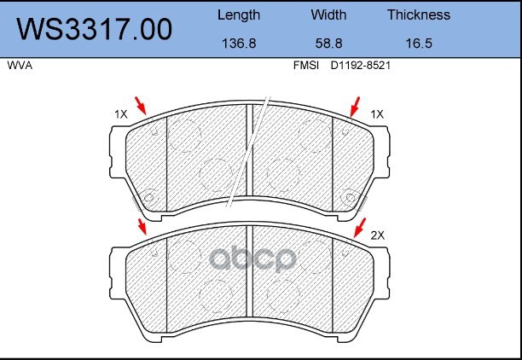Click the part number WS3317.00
pos(95,30)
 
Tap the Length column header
pos(239,15)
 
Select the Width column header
pos(328,15)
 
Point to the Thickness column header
pos(419,15)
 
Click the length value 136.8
pos(239,44)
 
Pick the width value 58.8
pos(328,44)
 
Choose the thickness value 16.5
pos(419,44)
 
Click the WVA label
pos(20,66)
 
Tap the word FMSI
pos(306,66)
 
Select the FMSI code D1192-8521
pos(360,66)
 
